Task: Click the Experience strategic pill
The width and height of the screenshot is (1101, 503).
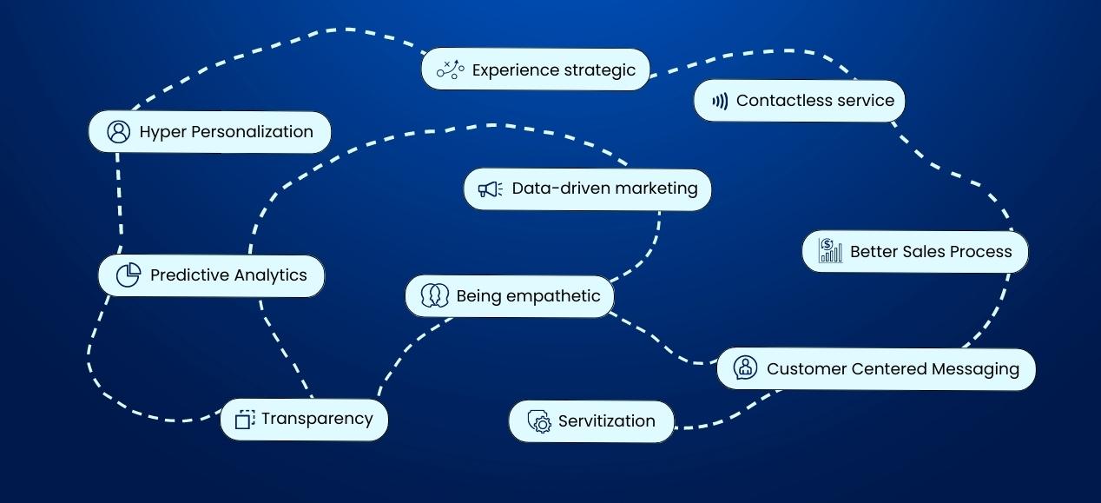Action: coord(536,69)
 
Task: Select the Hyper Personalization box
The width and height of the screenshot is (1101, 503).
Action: coord(210,132)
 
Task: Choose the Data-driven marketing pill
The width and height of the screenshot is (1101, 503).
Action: coord(588,189)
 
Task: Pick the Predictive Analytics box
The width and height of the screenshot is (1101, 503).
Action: coord(211,275)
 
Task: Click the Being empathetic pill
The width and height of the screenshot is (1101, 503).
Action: coord(510,296)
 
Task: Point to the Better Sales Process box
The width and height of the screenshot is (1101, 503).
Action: coord(914,252)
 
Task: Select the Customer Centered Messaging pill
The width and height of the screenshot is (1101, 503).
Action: coord(876,369)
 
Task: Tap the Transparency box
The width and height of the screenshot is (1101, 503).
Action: coord(304,420)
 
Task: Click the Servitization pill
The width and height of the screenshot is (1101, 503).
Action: coord(591,421)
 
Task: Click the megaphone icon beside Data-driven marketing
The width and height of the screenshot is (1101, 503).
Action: coord(490,189)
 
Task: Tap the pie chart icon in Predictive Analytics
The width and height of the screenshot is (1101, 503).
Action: coord(129,275)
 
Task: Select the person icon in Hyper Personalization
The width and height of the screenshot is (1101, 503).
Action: coord(118,132)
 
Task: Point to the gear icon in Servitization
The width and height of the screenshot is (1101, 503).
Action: coord(541,422)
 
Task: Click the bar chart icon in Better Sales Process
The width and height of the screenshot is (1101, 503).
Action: coord(830,251)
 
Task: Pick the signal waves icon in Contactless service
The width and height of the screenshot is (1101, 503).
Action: coord(720,101)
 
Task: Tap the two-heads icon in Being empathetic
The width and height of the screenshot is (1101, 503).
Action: coord(433,296)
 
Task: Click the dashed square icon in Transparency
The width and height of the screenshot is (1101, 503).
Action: coord(245,420)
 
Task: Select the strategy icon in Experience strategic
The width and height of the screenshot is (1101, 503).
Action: coord(451,69)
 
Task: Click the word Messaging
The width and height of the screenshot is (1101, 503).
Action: coord(975,369)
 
